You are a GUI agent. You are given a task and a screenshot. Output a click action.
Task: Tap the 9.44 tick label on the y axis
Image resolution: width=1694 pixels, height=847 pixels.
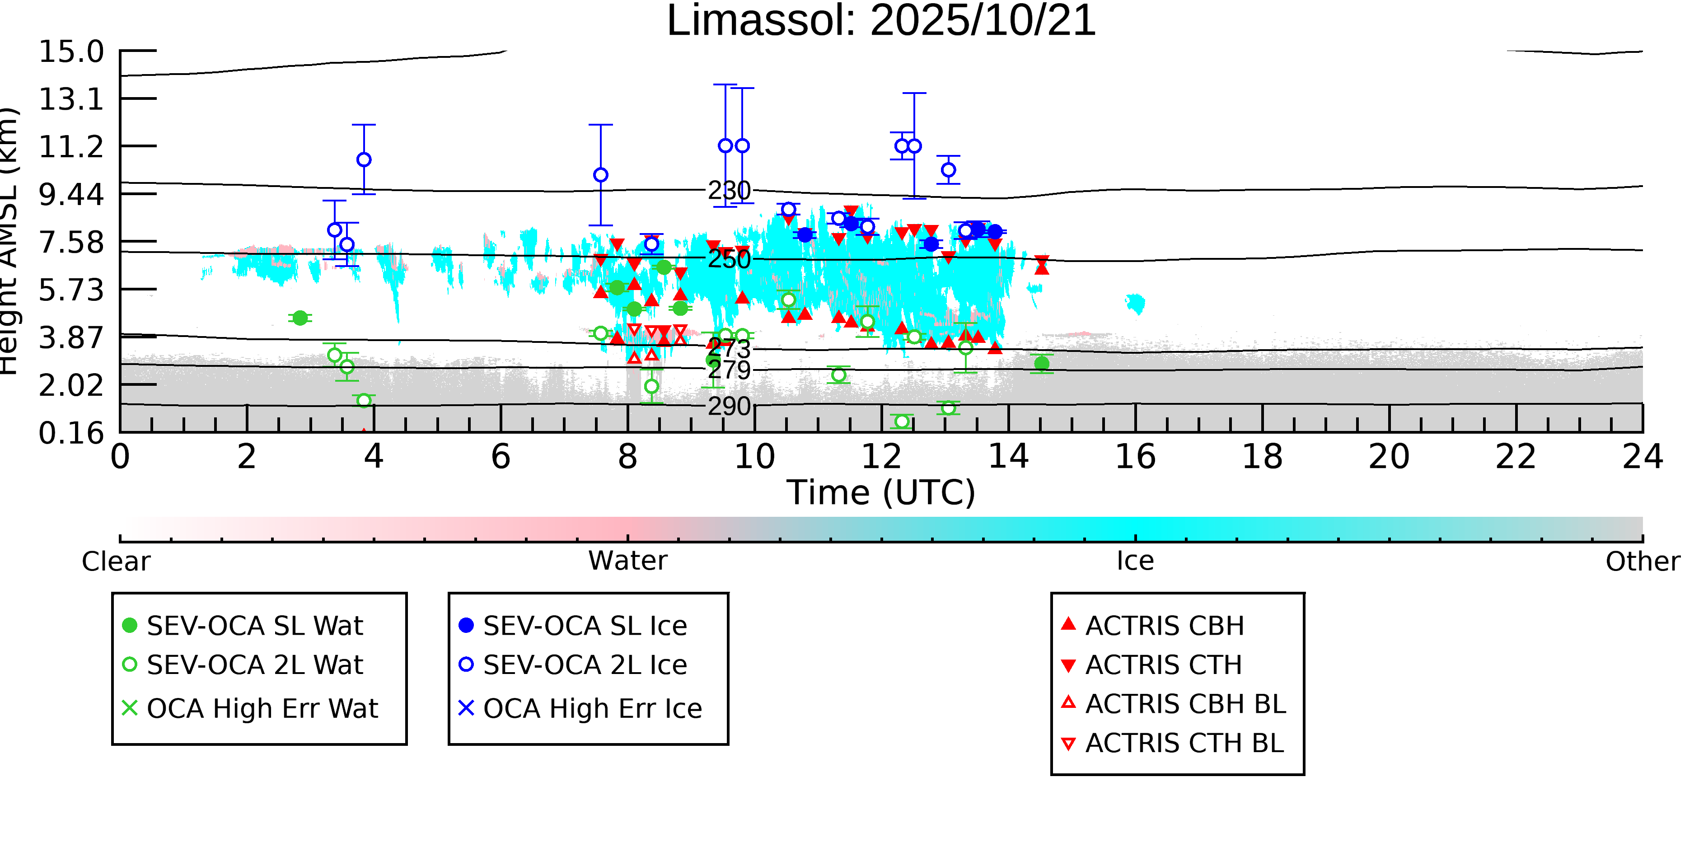click(x=71, y=194)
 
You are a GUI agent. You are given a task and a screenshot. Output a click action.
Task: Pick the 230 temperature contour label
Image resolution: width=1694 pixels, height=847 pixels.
click(x=729, y=191)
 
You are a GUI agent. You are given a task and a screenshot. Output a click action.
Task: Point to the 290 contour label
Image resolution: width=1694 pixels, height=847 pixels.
click(x=729, y=407)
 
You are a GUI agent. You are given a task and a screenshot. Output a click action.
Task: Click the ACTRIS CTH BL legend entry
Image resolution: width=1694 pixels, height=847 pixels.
click(x=1184, y=744)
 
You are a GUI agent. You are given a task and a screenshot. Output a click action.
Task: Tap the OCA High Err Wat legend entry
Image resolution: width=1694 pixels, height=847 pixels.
click(x=262, y=709)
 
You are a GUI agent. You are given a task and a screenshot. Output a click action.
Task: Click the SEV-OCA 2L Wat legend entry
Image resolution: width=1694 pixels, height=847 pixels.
click(x=254, y=665)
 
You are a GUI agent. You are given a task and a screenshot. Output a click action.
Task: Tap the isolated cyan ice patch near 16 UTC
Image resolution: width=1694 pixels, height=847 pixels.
click(x=1135, y=303)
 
